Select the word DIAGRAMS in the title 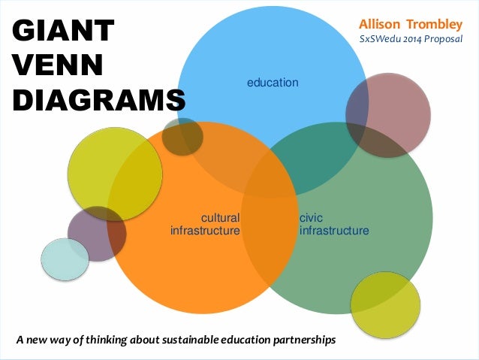coord(98,99)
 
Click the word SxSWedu coord(381,40)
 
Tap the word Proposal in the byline coord(447,40)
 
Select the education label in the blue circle coord(273,82)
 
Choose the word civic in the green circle coord(311,217)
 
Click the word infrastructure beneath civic coord(333,230)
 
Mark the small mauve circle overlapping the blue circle coord(388,115)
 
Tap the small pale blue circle coord(64,259)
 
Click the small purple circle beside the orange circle coord(95,234)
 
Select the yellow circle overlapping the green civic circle coord(385,304)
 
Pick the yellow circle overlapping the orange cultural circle coord(114,174)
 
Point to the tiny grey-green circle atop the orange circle coord(182,137)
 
